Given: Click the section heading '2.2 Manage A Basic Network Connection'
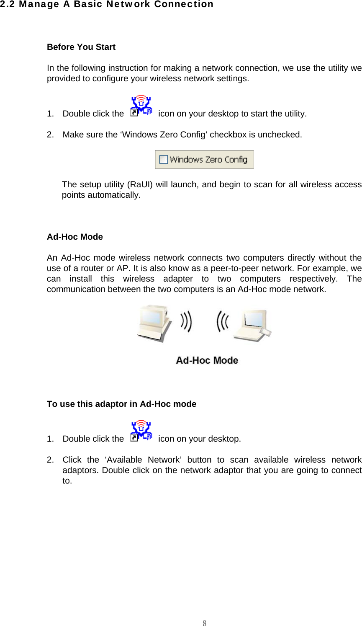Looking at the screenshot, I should click(107, 5).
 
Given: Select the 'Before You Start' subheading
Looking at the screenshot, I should click(81, 47).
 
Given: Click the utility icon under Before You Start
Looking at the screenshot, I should click(141, 106).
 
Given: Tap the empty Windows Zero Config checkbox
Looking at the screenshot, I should click(164, 160).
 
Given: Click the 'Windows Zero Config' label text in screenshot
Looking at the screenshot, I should click(208, 160).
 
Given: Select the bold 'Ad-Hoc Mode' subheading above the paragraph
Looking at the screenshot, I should click(75, 237).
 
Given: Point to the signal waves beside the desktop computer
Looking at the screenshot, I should click(186, 322).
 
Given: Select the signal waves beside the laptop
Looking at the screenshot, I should click(223, 322).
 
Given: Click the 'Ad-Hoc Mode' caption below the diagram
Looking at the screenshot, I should click(207, 360).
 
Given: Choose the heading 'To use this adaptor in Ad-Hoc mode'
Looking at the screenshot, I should click(121, 404).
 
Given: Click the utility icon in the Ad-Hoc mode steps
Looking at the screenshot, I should click(141, 431).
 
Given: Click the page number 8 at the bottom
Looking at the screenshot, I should click(205, 623).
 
